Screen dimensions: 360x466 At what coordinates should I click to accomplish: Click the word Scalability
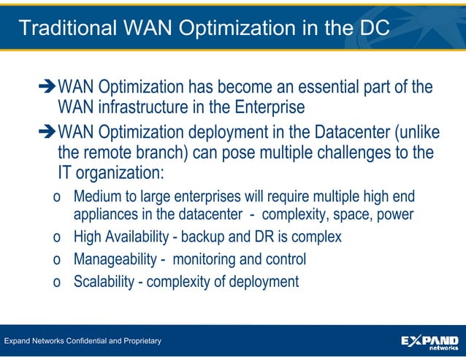click(103, 281)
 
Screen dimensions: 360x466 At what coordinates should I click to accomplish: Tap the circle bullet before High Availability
click(57, 238)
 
